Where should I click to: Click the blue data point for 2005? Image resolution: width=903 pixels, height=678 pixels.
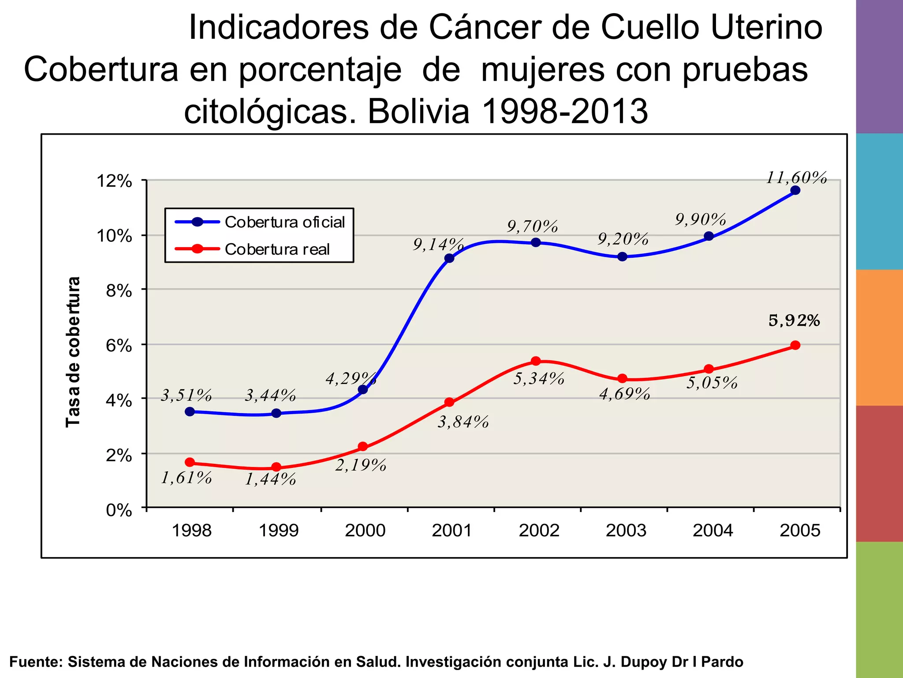click(x=795, y=190)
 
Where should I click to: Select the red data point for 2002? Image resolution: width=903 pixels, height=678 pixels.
click(x=536, y=361)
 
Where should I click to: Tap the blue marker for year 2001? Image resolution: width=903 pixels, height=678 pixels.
click(x=449, y=258)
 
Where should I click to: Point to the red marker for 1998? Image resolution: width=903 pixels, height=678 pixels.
click(x=190, y=462)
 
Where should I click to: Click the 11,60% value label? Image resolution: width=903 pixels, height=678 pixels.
click(x=796, y=177)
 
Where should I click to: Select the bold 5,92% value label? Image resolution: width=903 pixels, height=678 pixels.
click(x=794, y=320)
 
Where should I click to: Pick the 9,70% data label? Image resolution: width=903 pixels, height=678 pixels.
click(x=533, y=226)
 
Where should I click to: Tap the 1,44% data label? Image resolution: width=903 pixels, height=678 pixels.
click(x=270, y=479)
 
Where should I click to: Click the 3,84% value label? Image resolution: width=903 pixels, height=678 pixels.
click(x=463, y=422)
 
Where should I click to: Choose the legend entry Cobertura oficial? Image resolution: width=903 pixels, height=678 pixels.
click(x=284, y=222)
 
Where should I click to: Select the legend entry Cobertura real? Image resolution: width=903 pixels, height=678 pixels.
click(x=277, y=249)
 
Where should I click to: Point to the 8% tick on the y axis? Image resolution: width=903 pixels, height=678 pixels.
click(x=119, y=291)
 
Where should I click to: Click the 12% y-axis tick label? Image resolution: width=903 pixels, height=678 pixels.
click(x=114, y=181)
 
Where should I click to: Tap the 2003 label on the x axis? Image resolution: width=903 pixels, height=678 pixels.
click(x=626, y=530)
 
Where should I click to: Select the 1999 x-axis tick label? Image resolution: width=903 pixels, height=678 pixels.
click(x=278, y=530)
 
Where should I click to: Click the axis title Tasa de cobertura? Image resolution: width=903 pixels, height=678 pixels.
click(x=73, y=352)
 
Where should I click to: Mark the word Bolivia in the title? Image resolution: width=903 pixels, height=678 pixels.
click(x=418, y=111)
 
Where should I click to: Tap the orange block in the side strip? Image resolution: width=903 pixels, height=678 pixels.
click(x=879, y=338)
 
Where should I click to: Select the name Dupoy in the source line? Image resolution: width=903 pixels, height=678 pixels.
click(x=644, y=662)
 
